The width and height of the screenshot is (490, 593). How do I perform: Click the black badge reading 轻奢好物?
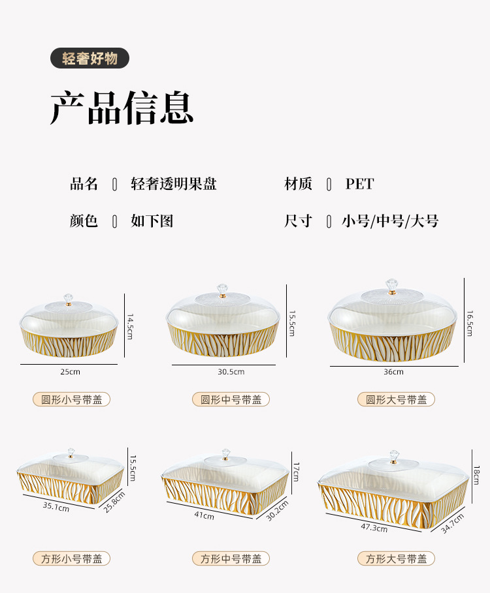[90, 59]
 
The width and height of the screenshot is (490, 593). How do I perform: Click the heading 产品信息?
[122, 108]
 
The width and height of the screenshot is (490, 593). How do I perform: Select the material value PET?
[359, 185]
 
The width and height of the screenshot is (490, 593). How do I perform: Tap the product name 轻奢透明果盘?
[174, 185]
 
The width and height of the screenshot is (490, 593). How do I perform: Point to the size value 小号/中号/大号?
[390, 221]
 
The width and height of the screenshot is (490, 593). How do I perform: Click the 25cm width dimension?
[71, 372]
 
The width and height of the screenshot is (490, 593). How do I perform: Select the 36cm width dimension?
[393, 372]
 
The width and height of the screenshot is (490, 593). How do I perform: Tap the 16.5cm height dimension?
[469, 323]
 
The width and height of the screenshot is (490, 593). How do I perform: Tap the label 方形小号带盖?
[72, 558]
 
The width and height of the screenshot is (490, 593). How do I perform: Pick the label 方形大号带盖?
[396, 558]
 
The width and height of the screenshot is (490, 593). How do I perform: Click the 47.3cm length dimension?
[374, 527]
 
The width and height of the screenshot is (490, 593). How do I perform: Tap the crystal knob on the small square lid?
[71, 453]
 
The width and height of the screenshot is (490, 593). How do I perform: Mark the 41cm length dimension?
[203, 515]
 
